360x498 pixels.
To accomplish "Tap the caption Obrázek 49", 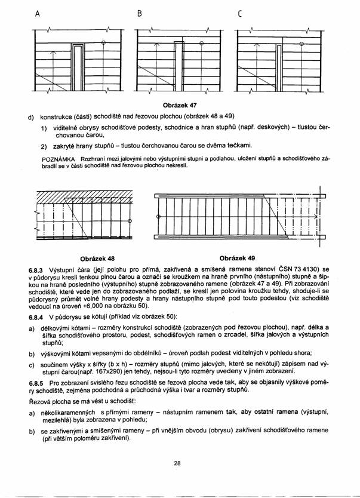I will click(x=237, y=259).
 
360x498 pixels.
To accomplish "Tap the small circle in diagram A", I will click(x=104, y=42).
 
